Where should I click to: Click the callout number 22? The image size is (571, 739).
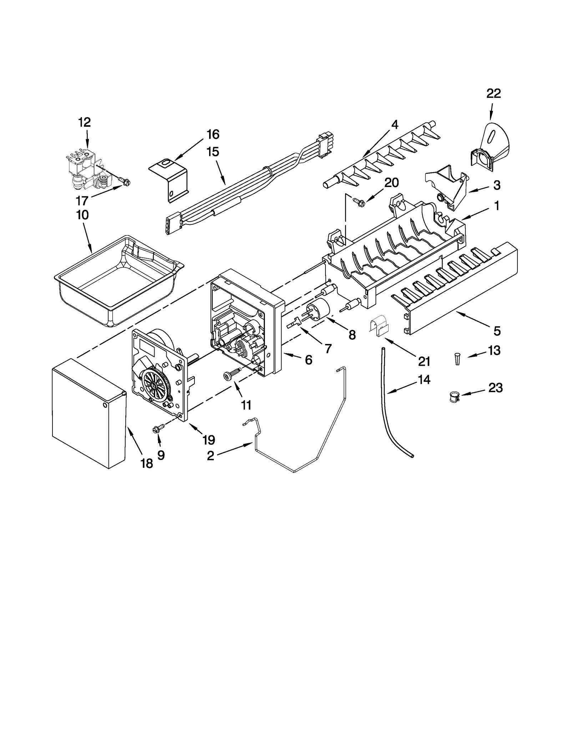click(x=494, y=93)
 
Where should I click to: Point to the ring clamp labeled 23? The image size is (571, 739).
click(x=454, y=397)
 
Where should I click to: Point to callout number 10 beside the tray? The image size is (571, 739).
click(x=82, y=215)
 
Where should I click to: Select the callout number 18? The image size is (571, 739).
click(x=147, y=464)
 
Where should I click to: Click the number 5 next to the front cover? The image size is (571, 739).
click(x=497, y=331)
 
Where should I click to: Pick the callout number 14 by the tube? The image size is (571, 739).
click(x=424, y=380)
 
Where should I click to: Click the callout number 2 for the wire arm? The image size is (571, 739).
click(x=211, y=456)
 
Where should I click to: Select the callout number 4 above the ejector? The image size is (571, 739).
click(x=394, y=125)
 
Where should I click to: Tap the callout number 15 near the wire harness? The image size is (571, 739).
click(x=213, y=152)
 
